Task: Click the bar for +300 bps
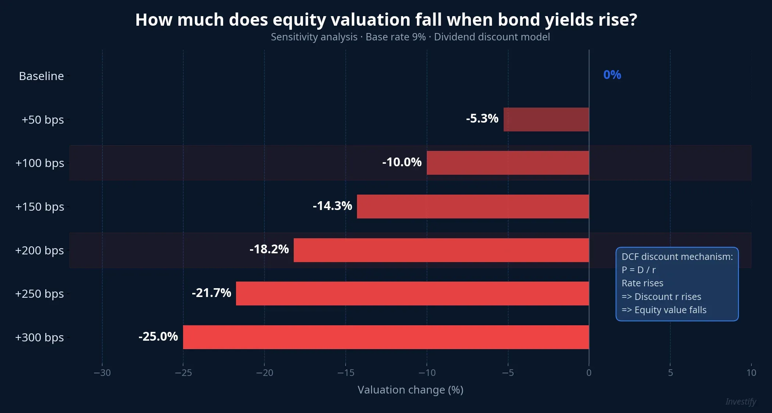click(x=386, y=337)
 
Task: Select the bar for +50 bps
click(x=546, y=119)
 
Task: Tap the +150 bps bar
click(x=473, y=206)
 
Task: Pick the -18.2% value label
click(x=269, y=249)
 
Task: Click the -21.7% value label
click(x=211, y=293)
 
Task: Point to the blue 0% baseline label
click(x=612, y=75)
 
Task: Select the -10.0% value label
click(x=402, y=162)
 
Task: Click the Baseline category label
click(x=41, y=76)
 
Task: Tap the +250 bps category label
click(x=39, y=294)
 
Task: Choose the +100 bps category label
click(x=40, y=163)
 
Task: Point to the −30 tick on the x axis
click(x=102, y=373)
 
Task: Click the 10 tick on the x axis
click(x=751, y=373)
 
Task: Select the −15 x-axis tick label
click(x=346, y=373)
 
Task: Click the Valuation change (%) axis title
click(x=410, y=390)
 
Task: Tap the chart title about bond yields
click(x=386, y=20)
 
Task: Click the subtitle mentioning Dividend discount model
click(x=410, y=37)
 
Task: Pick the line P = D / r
click(x=639, y=270)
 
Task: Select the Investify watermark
click(x=741, y=402)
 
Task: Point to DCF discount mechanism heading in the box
click(x=677, y=257)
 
